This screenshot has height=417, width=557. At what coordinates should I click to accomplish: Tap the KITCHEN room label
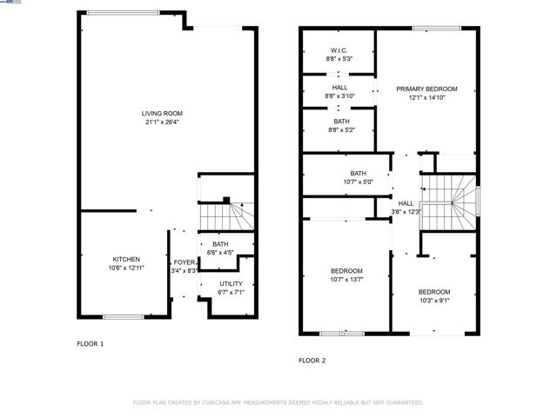click(x=126, y=259)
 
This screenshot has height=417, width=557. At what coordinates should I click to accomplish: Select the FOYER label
click(x=185, y=261)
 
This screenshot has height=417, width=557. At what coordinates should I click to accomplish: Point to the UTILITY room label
click(x=231, y=283)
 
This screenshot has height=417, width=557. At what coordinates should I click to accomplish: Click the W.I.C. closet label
click(x=339, y=50)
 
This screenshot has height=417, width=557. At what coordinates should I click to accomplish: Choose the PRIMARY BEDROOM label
click(x=426, y=89)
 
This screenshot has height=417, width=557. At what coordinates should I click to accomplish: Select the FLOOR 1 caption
click(x=90, y=344)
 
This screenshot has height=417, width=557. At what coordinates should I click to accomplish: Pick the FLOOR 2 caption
click(x=312, y=360)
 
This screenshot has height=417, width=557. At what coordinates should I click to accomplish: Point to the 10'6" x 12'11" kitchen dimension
click(x=126, y=268)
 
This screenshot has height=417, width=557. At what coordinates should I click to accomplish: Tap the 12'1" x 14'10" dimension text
click(x=426, y=97)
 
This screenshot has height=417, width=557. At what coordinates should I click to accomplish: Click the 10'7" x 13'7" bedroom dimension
click(x=346, y=280)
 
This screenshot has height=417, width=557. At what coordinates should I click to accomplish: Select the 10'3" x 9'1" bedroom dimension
click(x=433, y=301)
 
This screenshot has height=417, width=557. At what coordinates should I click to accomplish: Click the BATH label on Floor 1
click(x=220, y=245)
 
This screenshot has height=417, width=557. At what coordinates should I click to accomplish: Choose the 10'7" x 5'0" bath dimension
click(x=359, y=182)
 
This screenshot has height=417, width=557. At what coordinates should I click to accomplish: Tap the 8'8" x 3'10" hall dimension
click(x=339, y=96)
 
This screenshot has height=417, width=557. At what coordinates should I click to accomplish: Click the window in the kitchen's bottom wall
click(x=124, y=316)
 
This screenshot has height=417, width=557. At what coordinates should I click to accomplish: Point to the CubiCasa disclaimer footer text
click(x=278, y=402)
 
